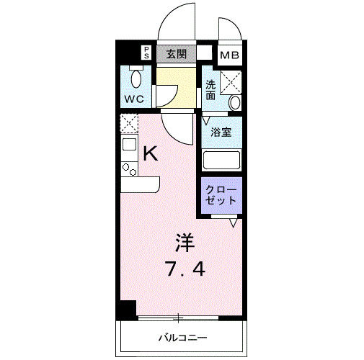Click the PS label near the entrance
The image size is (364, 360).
click(146, 53)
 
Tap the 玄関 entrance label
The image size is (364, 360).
click(177, 53)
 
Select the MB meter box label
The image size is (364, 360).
click(230, 55)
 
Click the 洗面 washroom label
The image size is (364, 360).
click(210, 89)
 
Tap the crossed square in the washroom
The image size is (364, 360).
click(232, 82)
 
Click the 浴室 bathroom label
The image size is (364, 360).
click(220, 132)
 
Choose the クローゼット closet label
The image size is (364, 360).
click(220, 195)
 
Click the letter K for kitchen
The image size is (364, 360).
click(150, 153)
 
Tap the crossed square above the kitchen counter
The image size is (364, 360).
click(128, 124)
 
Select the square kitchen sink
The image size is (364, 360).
click(129, 145)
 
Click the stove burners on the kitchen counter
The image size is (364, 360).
click(129, 169)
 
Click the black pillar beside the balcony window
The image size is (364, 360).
click(127, 309)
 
